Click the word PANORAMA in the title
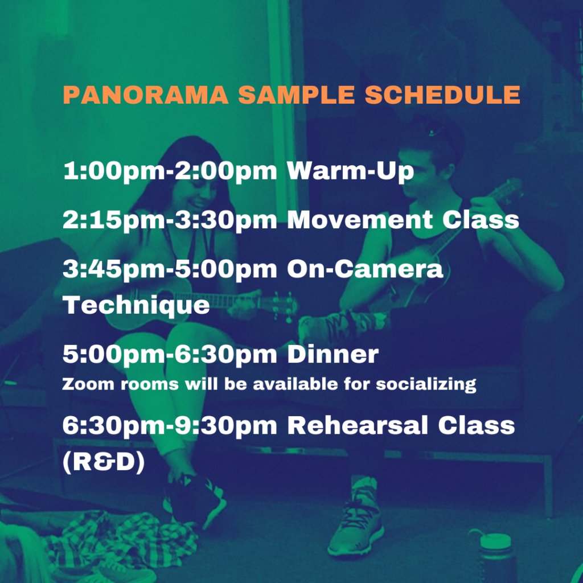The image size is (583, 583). point(145,95)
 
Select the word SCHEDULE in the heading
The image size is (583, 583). point(442,95)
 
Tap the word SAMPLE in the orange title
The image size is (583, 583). point(296,95)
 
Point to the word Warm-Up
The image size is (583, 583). point(350,171)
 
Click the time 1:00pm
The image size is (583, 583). point(115,171)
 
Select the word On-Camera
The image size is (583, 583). point(365,269)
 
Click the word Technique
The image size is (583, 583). point(137,306)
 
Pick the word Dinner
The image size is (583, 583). point(332,354)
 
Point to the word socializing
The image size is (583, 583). point(426,384)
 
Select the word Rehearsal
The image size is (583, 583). point(358,426)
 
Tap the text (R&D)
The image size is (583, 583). point(104,462)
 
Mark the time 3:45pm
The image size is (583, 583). point(115,269)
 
